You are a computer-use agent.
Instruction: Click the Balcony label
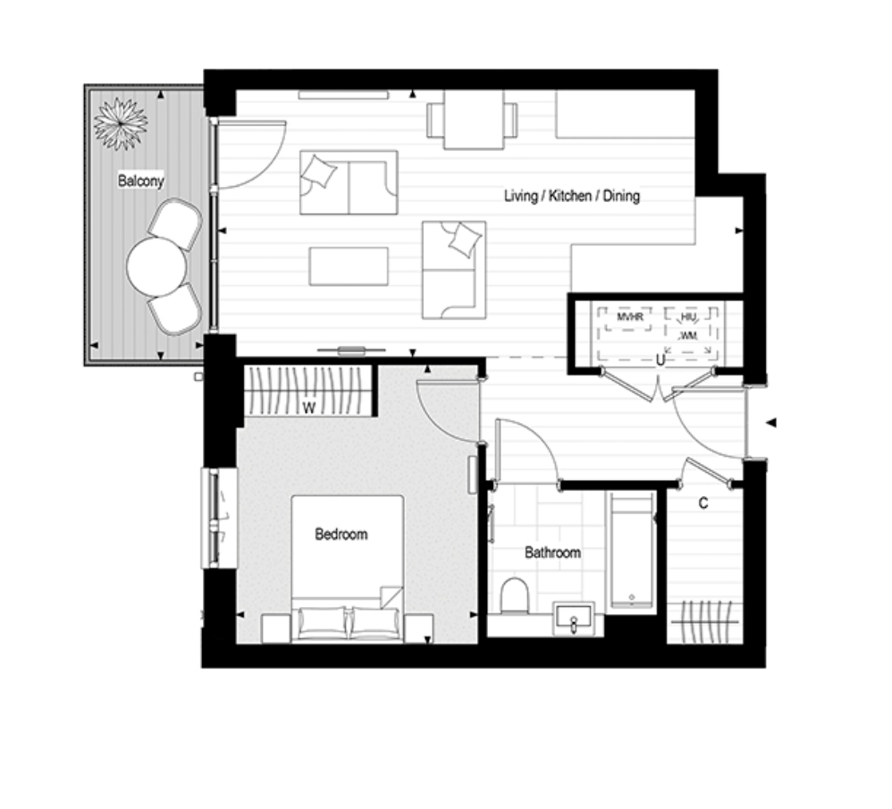(140, 181)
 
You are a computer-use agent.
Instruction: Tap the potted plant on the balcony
(121, 123)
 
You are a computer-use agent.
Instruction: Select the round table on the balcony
(156, 266)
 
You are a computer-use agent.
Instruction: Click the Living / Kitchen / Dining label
(572, 196)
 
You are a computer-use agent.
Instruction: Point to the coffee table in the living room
(349, 266)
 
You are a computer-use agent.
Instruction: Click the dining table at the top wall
(474, 120)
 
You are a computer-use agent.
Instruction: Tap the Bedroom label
(341, 535)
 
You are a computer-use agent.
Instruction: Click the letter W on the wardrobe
(309, 408)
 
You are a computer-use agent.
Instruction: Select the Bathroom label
(552, 552)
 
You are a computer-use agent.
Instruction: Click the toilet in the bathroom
(515, 596)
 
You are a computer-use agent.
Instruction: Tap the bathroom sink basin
(574, 619)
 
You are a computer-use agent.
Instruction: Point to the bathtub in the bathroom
(631, 551)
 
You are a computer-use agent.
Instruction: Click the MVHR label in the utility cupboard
(630, 316)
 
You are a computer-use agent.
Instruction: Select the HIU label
(688, 316)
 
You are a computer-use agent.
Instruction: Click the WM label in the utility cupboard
(688, 335)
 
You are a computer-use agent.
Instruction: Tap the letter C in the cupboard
(703, 503)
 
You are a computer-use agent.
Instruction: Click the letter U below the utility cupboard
(660, 360)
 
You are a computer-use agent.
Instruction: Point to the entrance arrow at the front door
(770, 423)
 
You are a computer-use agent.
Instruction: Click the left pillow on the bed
(322, 622)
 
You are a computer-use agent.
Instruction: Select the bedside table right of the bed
(418, 628)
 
